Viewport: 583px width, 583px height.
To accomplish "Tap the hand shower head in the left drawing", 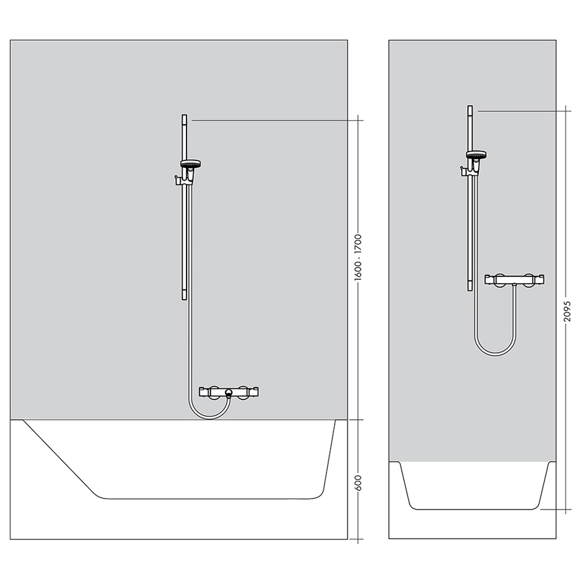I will point(191,165).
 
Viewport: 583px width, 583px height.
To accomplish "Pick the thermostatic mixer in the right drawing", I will point(515,279).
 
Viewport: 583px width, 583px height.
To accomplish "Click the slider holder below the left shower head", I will point(180,180).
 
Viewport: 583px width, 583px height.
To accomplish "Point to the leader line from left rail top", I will point(274,120).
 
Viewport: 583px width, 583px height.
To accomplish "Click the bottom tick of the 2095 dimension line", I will point(567,510).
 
